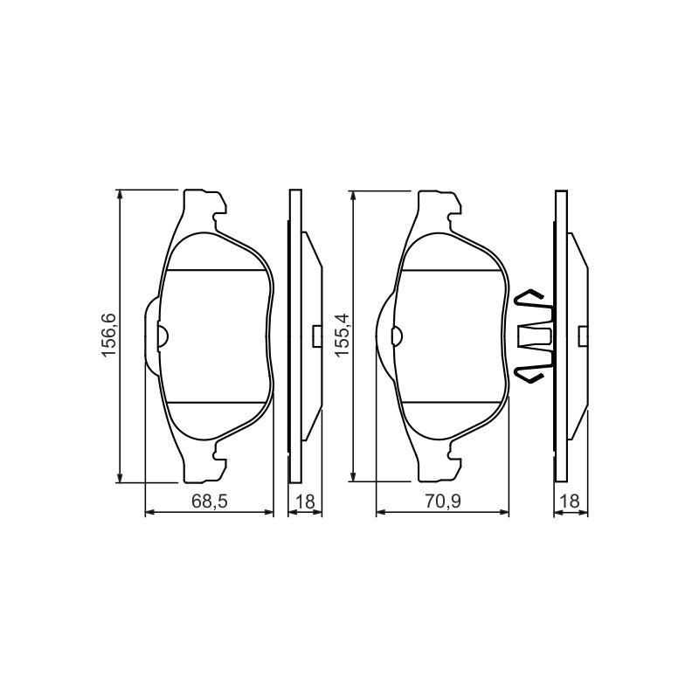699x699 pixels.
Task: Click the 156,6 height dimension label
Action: pos(109,336)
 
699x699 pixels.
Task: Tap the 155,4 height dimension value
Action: pos(343,336)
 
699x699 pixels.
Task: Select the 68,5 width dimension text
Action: pos(210,502)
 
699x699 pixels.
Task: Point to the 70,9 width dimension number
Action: pos(442,502)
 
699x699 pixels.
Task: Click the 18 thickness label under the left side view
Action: pos(305,502)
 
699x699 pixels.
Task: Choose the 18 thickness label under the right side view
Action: pos(571,502)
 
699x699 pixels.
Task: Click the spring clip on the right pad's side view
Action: pos(534,336)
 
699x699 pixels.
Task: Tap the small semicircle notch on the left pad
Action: pos(163,336)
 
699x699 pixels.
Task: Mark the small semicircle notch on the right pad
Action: pos(397,336)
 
